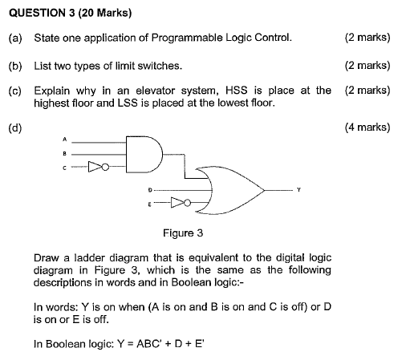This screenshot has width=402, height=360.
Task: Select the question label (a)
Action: pyautogui.click(x=15, y=38)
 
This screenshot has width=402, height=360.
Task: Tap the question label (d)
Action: pyautogui.click(x=15, y=127)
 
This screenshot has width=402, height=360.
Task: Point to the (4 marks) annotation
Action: pyautogui.click(x=367, y=127)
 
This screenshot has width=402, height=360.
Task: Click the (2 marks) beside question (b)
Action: pyautogui.click(x=367, y=65)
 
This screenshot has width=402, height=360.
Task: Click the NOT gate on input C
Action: pyautogui.click(x=95, y=168)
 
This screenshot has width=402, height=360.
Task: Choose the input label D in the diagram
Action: pyautogui.click(x=150, y=190)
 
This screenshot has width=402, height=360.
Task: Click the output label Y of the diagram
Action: pyautogui.click(x=298, y=190)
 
